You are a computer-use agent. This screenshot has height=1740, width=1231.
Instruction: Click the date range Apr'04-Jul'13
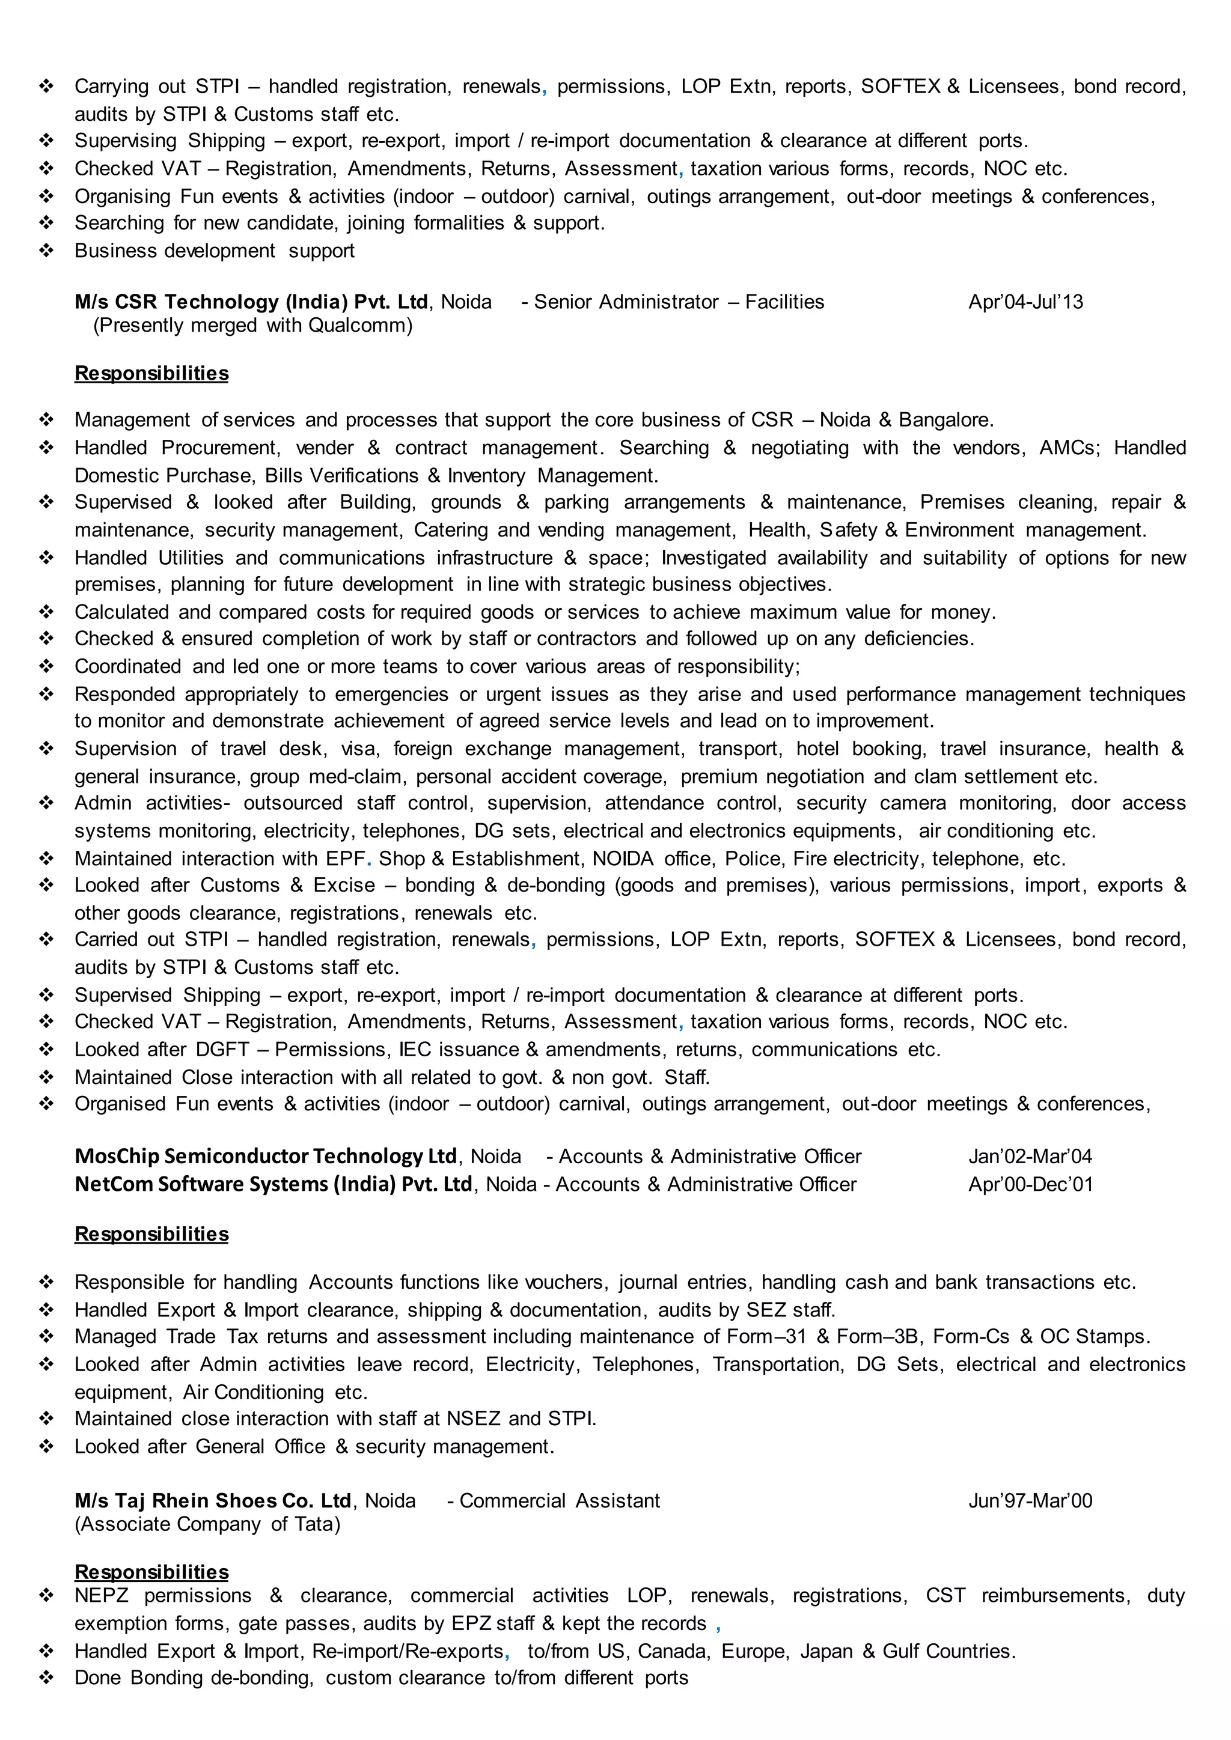(1025, 302)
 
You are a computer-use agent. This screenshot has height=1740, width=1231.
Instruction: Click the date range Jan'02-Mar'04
(1030, 1157)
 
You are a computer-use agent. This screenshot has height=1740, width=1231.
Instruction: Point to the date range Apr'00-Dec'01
(1031, 1184)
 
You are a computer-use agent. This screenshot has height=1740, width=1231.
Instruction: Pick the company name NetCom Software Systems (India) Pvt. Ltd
(273, 1184)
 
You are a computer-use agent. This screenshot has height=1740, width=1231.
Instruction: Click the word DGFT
(222, 1050)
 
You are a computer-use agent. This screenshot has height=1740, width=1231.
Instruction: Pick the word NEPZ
(102, 1596)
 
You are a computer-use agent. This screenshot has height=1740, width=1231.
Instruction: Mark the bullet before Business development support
(47, 251)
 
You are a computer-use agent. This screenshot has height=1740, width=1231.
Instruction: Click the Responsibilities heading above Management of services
(151, 373)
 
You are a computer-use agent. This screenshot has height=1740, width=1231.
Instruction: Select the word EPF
(346, 859)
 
